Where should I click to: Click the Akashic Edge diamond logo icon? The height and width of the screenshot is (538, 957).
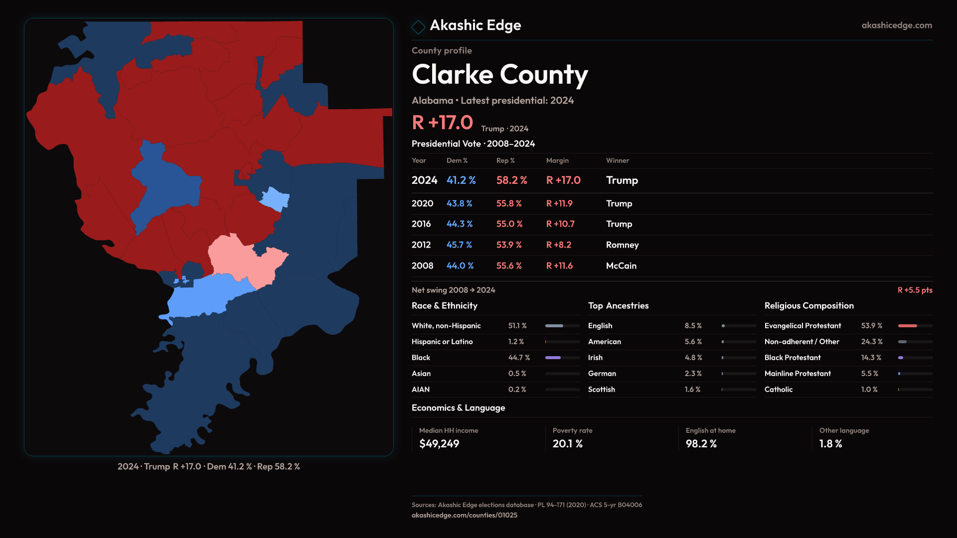click(418, 26)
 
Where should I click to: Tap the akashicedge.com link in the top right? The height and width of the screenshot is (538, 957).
click(896, 25)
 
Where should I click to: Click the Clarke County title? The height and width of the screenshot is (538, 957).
click(499, 75)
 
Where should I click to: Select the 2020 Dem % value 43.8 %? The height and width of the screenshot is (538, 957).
click(459, 204)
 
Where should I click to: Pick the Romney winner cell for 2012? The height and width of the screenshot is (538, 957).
click(622, 245)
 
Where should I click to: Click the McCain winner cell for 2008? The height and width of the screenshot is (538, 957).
click(621, 266)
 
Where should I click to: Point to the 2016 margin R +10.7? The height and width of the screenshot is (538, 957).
click(560, 224)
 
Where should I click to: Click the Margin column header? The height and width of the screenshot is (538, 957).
click(557, 160)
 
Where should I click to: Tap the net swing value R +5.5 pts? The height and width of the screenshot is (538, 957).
click(915, 290)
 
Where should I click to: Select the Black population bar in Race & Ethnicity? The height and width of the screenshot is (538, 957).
click(553, 358)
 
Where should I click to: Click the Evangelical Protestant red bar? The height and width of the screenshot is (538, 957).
click(907, 326)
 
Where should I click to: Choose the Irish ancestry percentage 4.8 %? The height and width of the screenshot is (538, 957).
click(693, 358)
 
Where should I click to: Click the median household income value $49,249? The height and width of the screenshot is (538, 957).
click(439, 444)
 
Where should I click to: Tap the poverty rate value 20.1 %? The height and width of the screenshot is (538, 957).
click(567, 444)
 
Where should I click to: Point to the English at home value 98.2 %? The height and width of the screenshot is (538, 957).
click(701, 444)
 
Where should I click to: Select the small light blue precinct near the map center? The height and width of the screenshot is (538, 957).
click(275, 199)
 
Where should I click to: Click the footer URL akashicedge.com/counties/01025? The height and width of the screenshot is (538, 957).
click(464, 515)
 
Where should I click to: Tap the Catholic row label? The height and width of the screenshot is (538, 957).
click(778, 390)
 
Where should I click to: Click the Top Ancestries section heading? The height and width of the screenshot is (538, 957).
click(618, 306)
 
